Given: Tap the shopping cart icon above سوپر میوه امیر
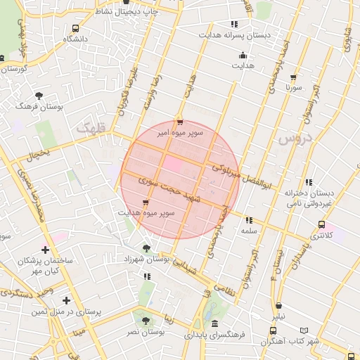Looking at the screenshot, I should (180, 122).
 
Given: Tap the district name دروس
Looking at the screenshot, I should (294, 138).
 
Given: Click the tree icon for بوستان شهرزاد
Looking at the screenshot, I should (146, 248).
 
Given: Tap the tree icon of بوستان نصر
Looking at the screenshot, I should (146, 321).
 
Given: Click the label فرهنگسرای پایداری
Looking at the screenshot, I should (214, 335).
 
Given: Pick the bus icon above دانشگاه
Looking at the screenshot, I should (75, 28).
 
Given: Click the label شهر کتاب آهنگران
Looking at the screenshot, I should (290, 341).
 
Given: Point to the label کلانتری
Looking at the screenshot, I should (321, 236).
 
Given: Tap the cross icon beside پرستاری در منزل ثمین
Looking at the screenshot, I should (67, 301).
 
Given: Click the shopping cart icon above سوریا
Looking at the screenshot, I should (293, 78).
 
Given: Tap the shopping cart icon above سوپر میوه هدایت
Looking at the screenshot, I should (146, 202).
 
